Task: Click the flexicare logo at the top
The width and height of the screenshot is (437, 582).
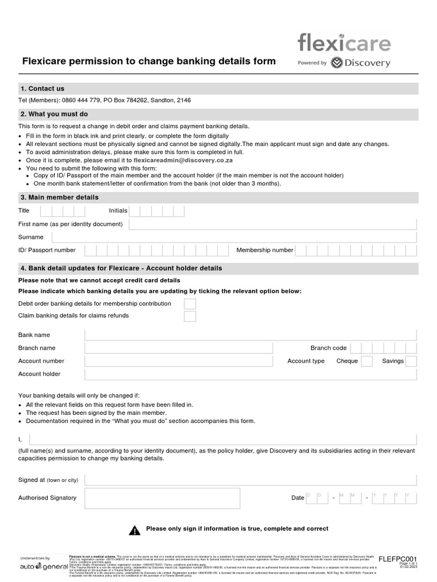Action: [344, 43]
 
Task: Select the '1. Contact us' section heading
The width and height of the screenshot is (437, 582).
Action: [42, 89]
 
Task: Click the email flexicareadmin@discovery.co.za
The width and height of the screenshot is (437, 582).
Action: [183, 161]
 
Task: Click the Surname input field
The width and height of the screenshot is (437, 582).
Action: [234, 237]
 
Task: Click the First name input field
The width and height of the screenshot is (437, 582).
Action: [273, 224]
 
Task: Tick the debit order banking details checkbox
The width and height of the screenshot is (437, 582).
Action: [190, 304]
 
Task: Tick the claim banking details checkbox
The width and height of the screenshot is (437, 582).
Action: [190, 316]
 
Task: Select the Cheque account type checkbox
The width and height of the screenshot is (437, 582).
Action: [367, 361]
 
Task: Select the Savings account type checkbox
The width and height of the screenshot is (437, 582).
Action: [411, 361]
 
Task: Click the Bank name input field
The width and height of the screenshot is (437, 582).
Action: [250, 335]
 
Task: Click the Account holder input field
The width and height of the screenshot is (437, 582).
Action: [250, 374]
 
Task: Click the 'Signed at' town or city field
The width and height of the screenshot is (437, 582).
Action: [250, 480]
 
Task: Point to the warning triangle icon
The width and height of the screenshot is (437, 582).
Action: [134, 530]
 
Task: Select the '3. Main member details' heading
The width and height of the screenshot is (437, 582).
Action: [59, 197]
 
